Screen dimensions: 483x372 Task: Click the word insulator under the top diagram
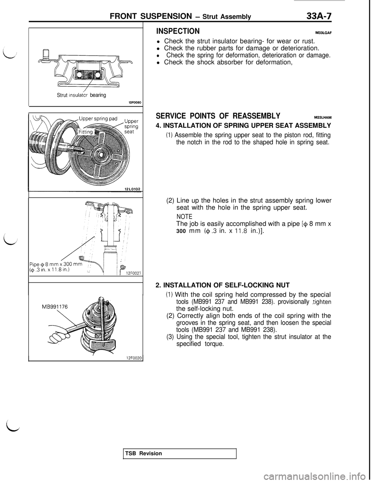click(x=79, y=96)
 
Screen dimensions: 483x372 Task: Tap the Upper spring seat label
click(x=132, y=126)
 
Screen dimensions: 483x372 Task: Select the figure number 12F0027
click(x=133, y=273)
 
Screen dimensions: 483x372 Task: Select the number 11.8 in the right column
click(x=241, y=230)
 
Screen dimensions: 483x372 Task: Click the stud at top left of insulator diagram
click(x=45, y=53)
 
